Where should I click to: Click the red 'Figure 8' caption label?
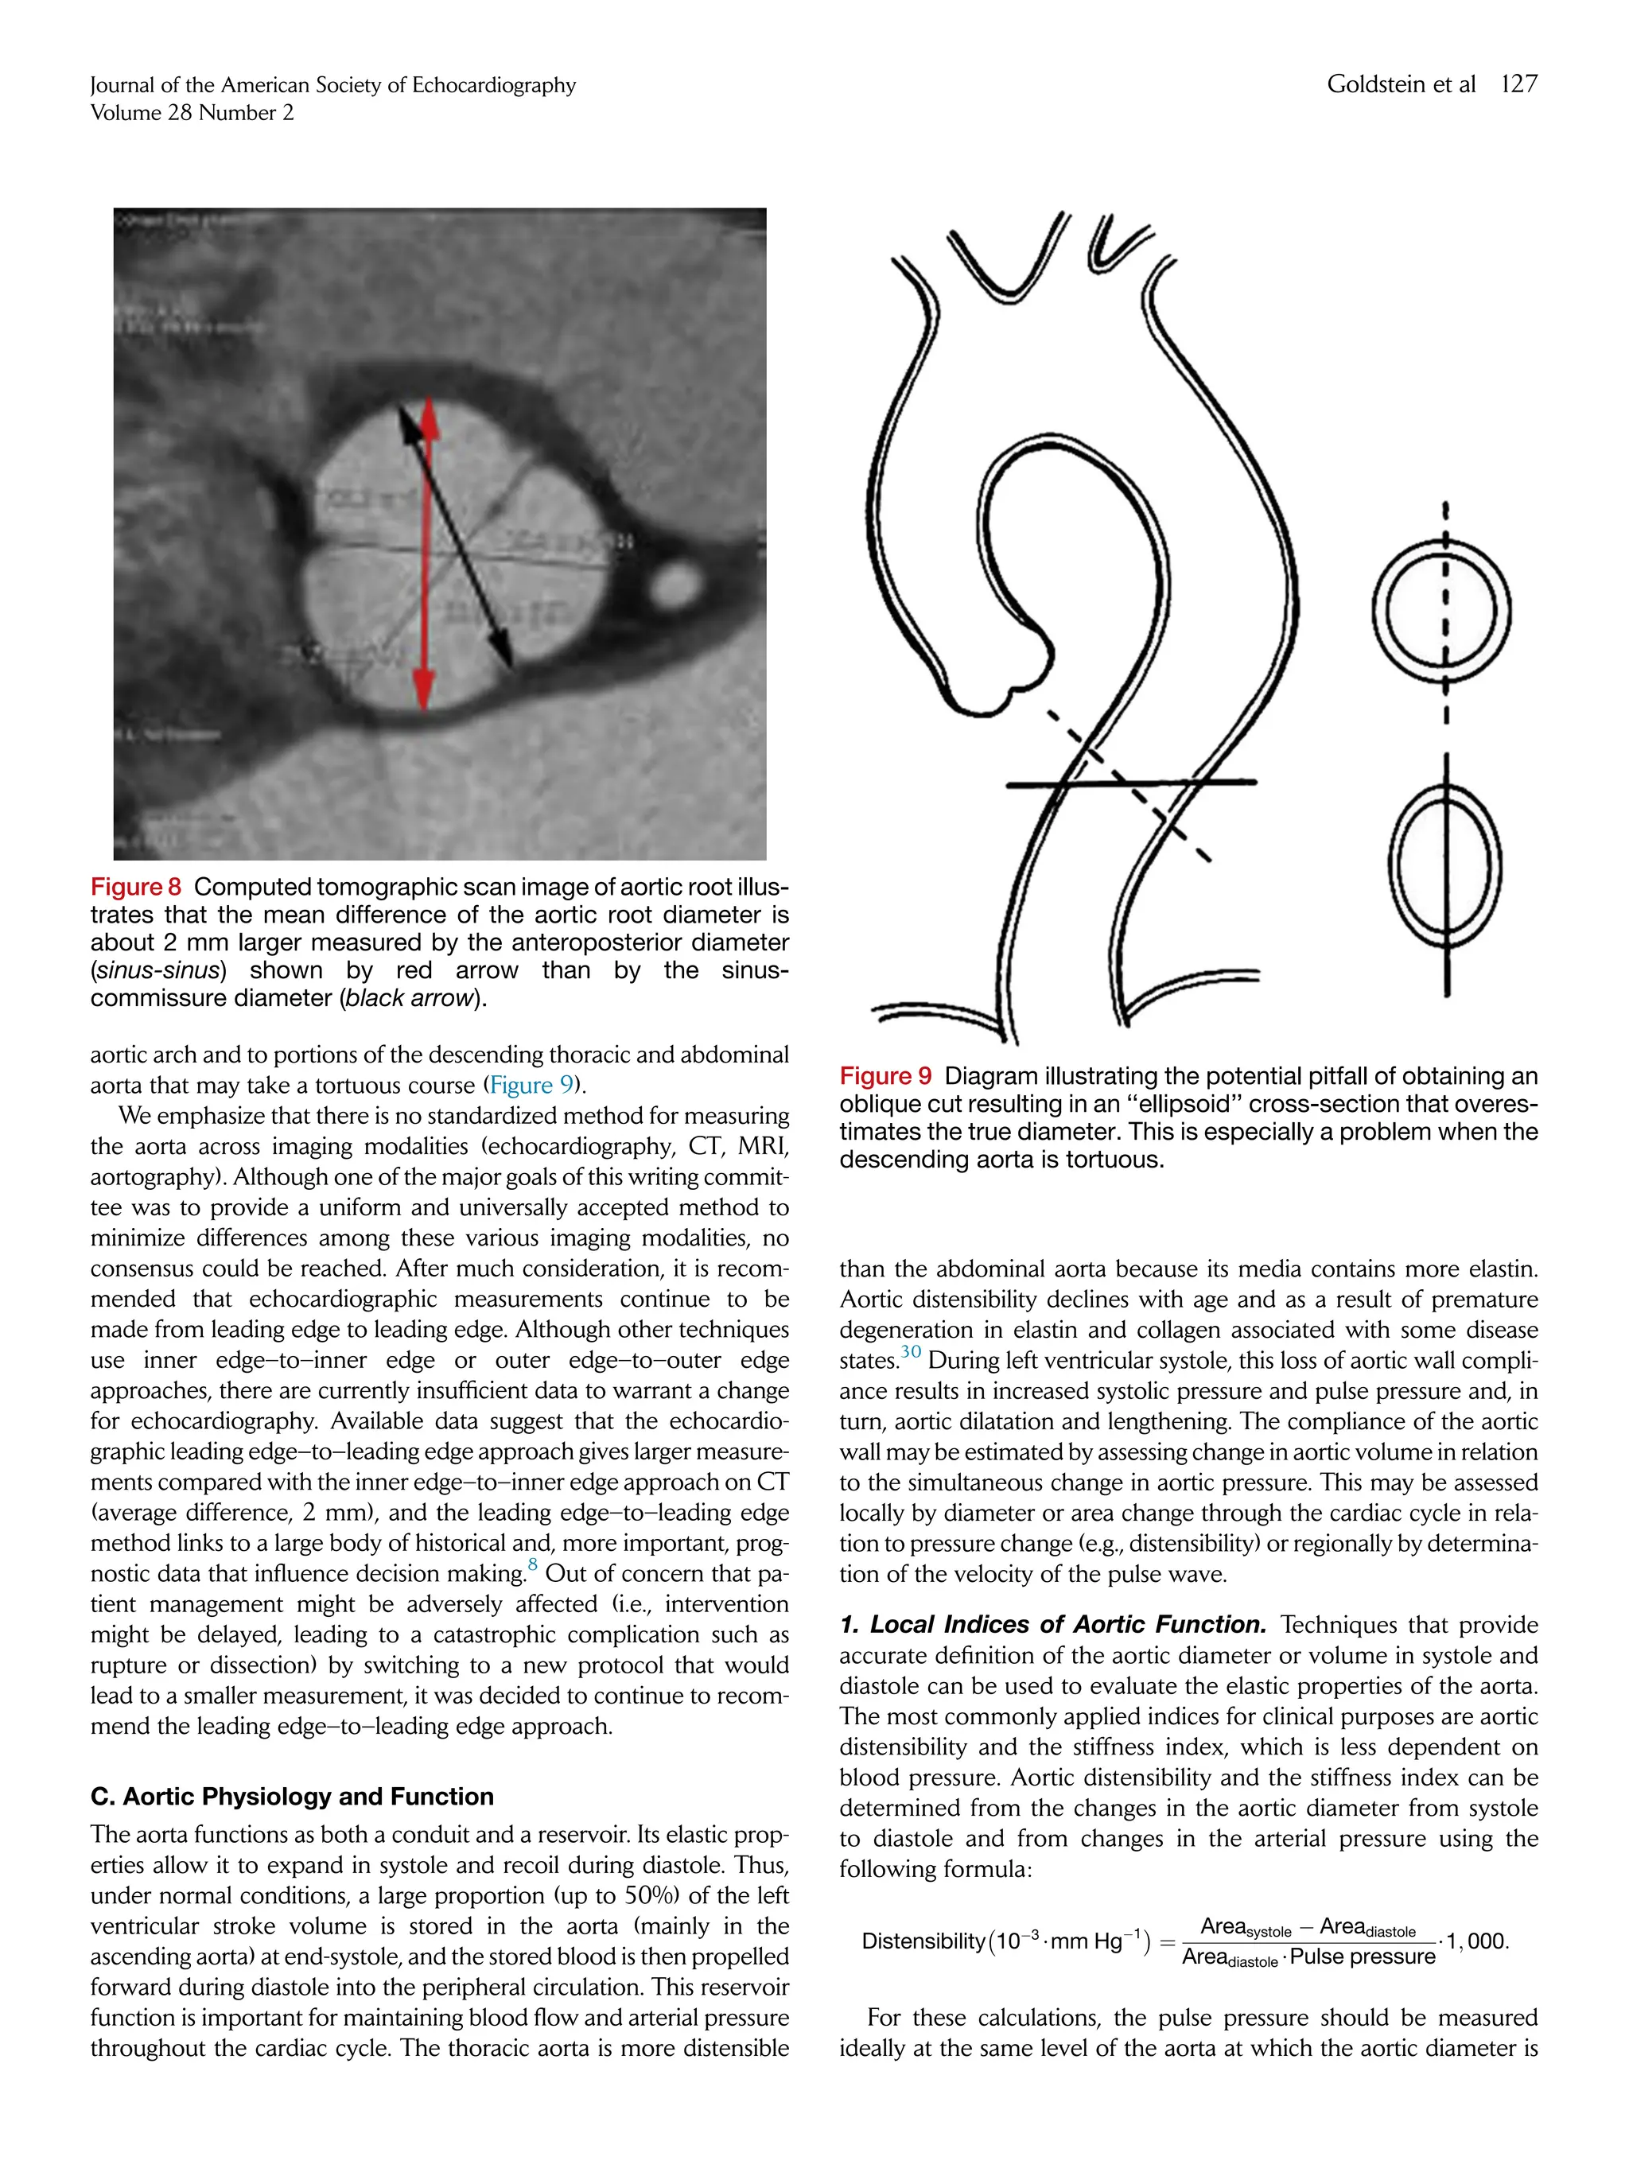point(135,887)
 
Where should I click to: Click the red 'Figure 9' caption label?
point(884,1076)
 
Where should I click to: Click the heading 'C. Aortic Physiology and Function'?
point(292,1797)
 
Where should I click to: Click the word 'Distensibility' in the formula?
point(923,1941)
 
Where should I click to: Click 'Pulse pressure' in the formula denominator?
point(1362,1957)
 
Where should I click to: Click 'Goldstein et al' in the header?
point(1401,85)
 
